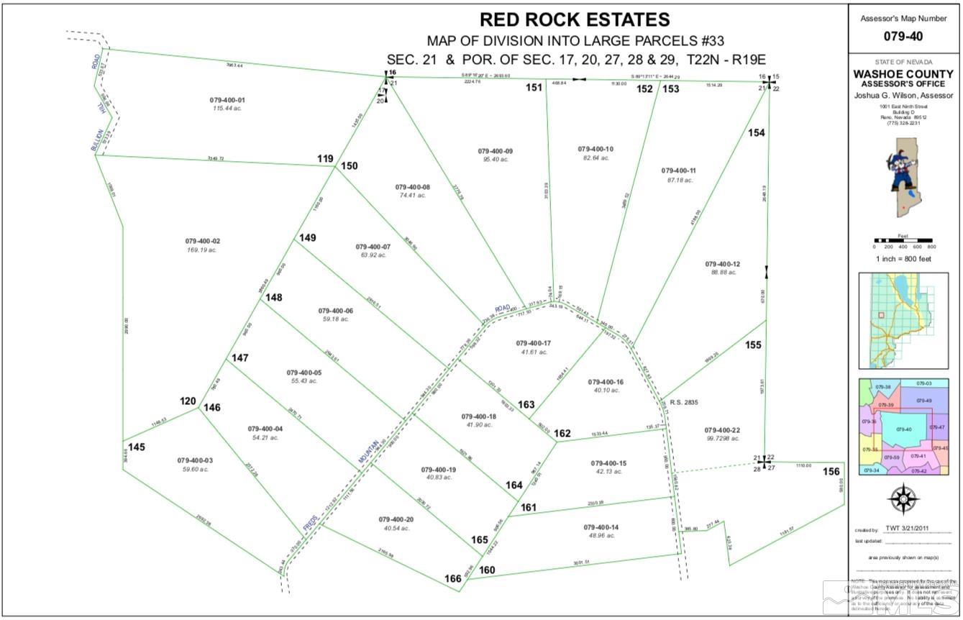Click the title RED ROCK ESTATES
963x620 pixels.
point(575,19)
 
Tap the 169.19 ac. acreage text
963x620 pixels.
point(202,250)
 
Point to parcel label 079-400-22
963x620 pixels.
point(722,429)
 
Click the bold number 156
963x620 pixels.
point(831,472)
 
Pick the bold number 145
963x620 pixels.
point(137,447)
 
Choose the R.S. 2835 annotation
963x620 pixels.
point(684,403)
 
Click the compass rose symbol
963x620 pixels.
point(904,498)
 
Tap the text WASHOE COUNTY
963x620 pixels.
point(905,73)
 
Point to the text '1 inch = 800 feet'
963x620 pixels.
point(904,259)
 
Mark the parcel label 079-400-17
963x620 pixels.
point(533,343)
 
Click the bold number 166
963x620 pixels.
point(452,578)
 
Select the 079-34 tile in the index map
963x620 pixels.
point(871,470)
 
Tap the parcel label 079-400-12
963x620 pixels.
point(722,264)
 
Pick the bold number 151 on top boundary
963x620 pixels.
point(533,88)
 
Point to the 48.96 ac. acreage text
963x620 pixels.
point(602,536)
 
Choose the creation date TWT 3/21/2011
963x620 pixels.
point(907,529)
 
